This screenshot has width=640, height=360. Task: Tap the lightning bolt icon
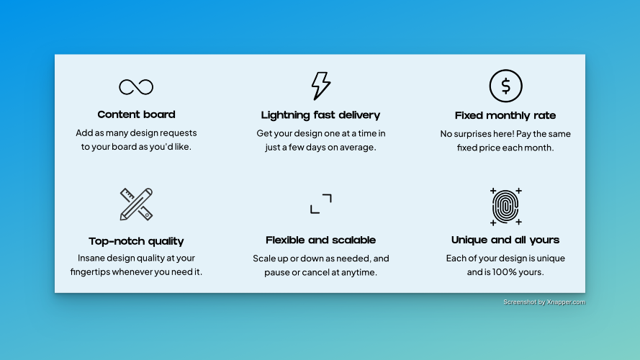tap(321, 86)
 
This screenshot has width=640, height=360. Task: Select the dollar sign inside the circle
tap(505, 86)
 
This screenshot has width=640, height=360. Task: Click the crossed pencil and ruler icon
tap(136, 204)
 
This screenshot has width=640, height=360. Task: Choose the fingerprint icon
tap(505, 207)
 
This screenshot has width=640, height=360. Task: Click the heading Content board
tap(136, 114)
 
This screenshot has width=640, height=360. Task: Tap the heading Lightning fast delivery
tap(321, 115)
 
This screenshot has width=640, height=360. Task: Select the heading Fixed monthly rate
tap(505, 116)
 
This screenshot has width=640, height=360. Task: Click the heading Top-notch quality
tap(136, 241)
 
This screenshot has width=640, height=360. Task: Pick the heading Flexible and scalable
tap(321, 240)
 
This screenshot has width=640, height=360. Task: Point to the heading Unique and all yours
tap(505, 240)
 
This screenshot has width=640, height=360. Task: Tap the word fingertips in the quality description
tap(90, 272)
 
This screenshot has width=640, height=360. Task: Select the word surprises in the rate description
tap(479, 134)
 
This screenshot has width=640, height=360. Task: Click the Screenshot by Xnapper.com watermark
tap(544, 302)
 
